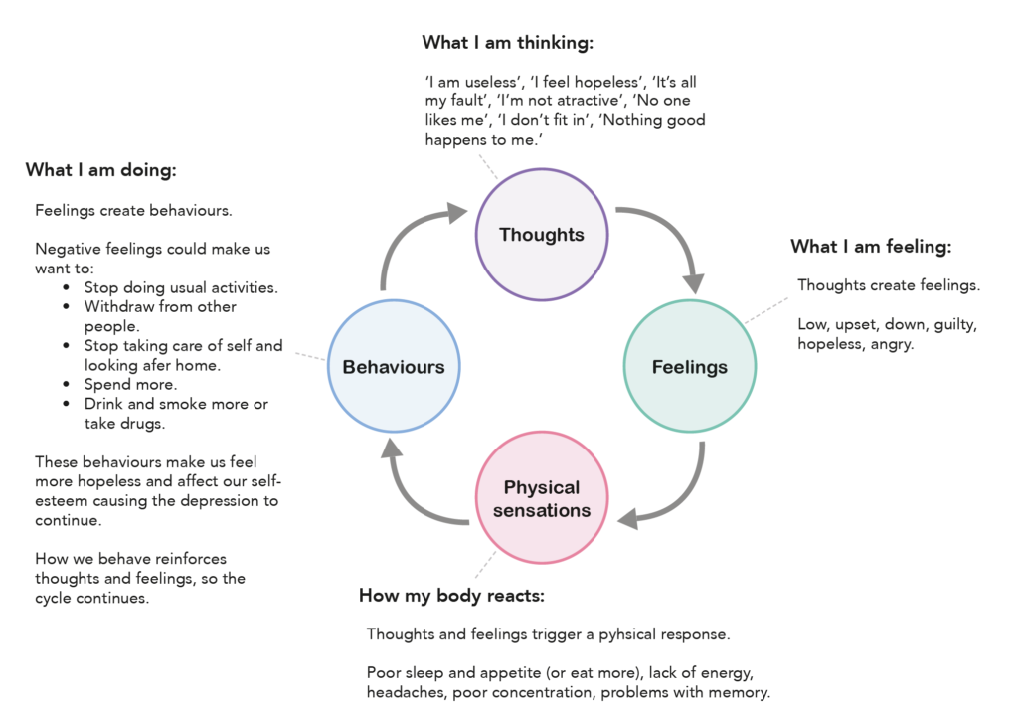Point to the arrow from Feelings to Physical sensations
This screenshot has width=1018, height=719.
click(x=682, y=503)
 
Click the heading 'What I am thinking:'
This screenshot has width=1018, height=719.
click(x=508, y=43)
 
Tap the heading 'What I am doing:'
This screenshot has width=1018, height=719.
click(x=101, y=170)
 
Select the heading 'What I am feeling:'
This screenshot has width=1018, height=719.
click(x=871, y=247)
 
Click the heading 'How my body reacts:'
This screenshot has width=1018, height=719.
click(x=452, y=596)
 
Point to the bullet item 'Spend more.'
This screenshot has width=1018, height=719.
click(x=130, y=385)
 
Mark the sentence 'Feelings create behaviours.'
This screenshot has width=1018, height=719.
click(x=134, y=211)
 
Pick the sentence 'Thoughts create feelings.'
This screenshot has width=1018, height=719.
click(x=889, y=285)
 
